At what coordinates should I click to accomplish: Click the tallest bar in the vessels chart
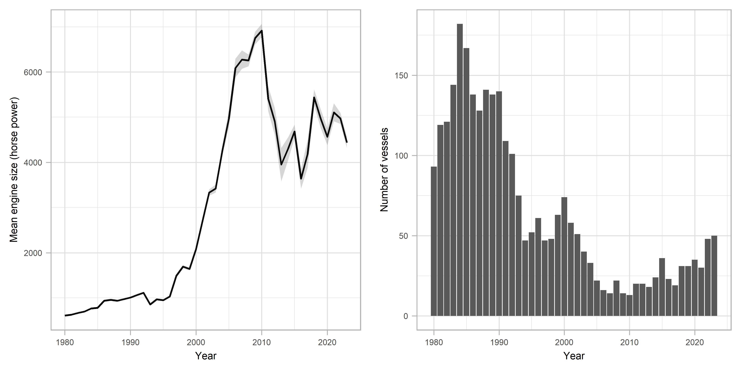click(460, 170)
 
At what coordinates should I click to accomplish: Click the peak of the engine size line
click(261, 31)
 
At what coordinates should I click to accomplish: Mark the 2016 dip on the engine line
click(301, 179)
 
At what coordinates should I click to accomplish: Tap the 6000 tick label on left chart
click(33, 72)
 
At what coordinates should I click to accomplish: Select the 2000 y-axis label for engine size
click(33, 253)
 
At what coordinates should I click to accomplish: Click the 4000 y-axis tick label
click(33, 163)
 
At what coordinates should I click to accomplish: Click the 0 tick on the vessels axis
click(406, 316)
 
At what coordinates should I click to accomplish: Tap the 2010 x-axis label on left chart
click(261, 343)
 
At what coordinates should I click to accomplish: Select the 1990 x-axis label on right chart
click(499, 343)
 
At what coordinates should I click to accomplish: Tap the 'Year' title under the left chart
click(206, 356)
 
